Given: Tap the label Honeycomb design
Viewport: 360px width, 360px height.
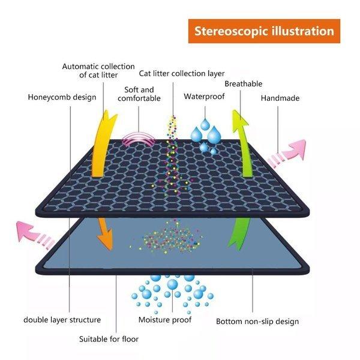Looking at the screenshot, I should pyautogui.click(x=62, y=97).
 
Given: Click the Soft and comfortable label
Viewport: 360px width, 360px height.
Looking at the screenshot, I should pyautogui.click(x=139, y=94).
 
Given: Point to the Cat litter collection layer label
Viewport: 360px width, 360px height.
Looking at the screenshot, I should pyautogui.click(x=182, y=74).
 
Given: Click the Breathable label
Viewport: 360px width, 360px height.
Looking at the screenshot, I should pyautogui.click(x=243, y=84).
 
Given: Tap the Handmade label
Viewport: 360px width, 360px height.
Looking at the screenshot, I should pyautogui.click(x=280, y=97).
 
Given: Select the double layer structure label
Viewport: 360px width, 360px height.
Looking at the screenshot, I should pyautogui.click(x=62, y=320).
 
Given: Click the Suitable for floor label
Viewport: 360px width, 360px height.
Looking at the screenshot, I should pyautogui.click(x=109, y=339).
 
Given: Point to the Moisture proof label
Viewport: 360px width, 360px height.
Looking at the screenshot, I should pyautogui.click(x=165, y=320).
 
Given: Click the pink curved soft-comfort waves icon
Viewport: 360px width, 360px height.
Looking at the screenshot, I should pyautogui.click(x=139, y=139).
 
